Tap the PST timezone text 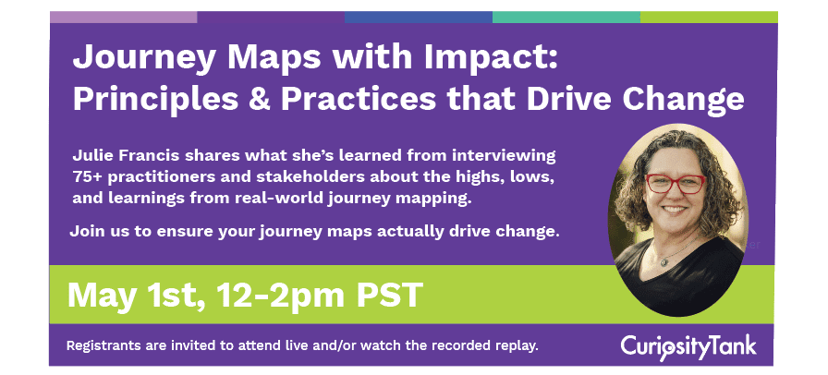(x=386, y=296)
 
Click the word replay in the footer (x=514, y=346)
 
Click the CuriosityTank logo (x=688, y=346)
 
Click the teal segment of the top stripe (x=566, y=17)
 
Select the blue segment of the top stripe (x=418, y=17)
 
